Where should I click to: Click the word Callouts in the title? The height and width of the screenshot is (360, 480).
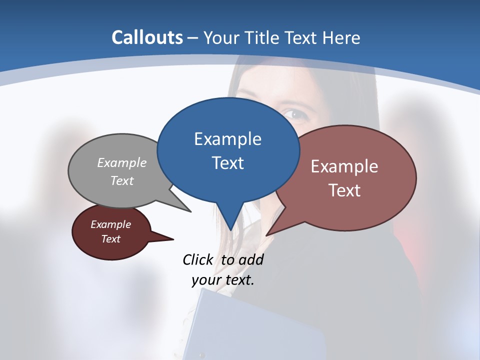pos(147,37)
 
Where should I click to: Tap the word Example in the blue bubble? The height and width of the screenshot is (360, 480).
pos(227,139)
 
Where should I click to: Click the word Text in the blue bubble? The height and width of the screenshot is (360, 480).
pos(227,163)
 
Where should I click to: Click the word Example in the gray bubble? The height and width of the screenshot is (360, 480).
pos(122,163)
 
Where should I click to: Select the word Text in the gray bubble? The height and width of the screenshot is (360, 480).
pos(122,180)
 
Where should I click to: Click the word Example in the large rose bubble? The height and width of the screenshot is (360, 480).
pos(344,166)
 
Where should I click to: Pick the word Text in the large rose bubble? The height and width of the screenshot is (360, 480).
pos(344,190)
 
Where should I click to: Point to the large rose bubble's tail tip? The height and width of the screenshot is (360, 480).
pos(267,234)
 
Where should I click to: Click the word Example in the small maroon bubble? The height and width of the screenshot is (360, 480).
pos(111,224)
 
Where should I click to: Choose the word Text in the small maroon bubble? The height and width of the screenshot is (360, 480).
pos(111,239)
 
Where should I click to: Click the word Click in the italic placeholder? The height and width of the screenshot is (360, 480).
pos(198,259)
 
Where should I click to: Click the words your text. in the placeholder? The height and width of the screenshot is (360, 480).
pos(223,279)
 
